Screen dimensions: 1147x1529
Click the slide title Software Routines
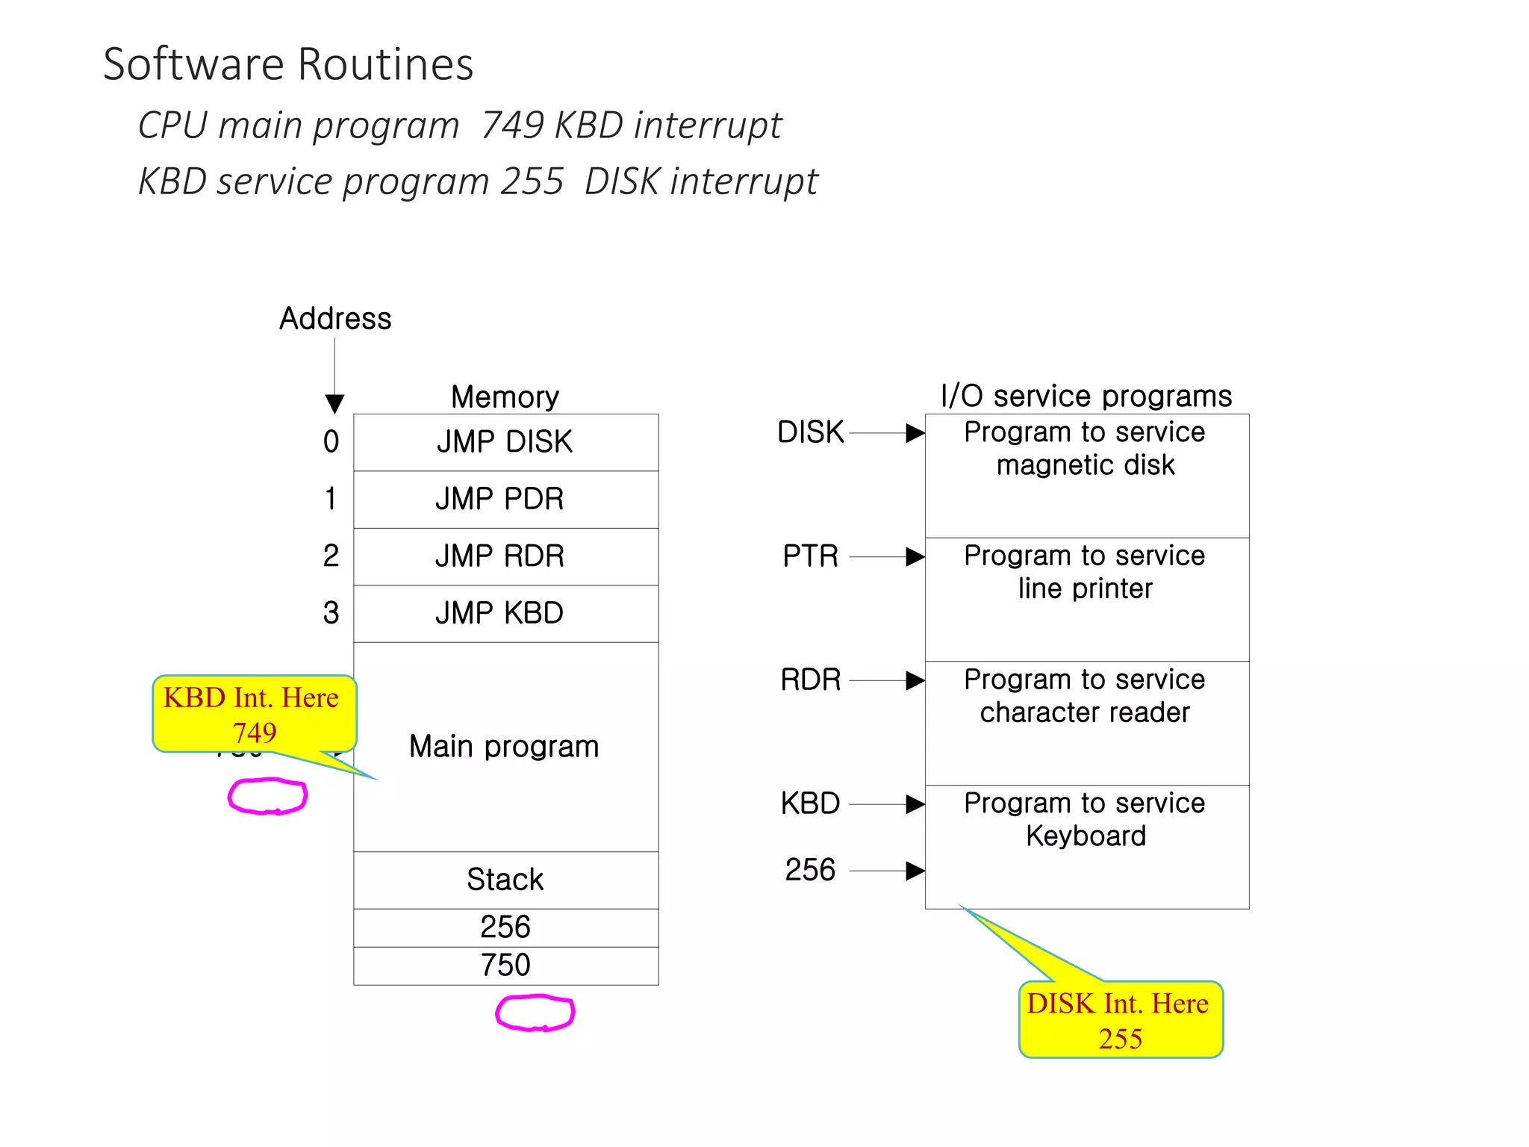click(288, 64)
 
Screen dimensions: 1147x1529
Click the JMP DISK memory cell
click(505, 442)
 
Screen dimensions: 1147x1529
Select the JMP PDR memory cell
click(505, 499)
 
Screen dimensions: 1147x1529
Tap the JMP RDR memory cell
click(505, 556)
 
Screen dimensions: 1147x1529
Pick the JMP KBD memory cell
click(505, 613)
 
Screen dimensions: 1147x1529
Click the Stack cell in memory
click(505, 880)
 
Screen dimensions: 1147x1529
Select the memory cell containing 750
click(505, 966)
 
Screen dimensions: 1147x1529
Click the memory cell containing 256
click(505, 927)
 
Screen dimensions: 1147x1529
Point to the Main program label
click(504, 747)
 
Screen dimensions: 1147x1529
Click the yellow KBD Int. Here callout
click(254, 714)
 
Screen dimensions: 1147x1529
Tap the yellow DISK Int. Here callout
click(1120, 1020)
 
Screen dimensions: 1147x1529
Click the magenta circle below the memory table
click(535, 1013)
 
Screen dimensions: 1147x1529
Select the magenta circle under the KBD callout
click(267, 796)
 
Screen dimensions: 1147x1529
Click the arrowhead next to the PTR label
click(915, 557)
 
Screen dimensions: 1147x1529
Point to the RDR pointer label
click(810, 680)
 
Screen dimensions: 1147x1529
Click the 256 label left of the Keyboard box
click(810, 871)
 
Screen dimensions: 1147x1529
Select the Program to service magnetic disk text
click(1085, 449)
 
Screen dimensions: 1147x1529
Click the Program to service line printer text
click(1085, 573)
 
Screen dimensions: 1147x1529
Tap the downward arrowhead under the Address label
click(334, 404)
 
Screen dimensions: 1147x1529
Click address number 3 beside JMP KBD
click(331, 613)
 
